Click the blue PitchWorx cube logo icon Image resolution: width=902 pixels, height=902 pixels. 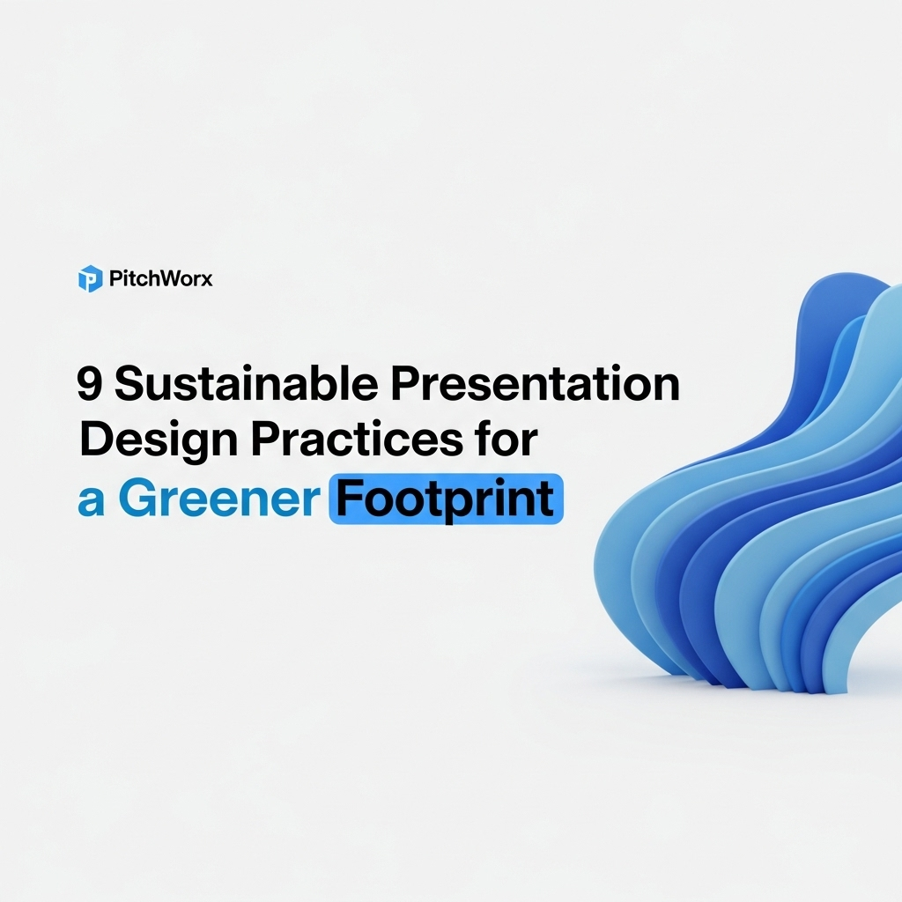click(90, 279)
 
